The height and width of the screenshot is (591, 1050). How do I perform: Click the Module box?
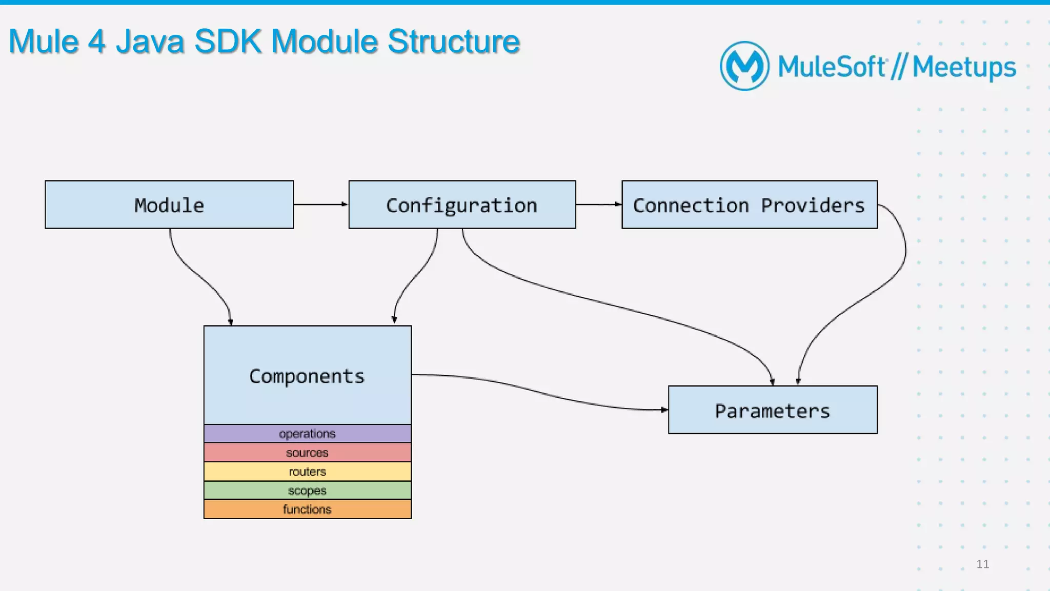pos(169,205)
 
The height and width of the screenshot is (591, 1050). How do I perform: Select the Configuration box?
pos(462,205)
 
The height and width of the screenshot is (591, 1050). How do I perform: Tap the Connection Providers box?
pos(750,205)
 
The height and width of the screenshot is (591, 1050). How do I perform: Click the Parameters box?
pos(773,410)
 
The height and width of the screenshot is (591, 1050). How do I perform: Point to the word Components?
pos(307,376)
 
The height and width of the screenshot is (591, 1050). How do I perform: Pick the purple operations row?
pos(308,434)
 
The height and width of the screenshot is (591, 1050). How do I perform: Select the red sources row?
pos(308,453)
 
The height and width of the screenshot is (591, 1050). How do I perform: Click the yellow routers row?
pos(308,472)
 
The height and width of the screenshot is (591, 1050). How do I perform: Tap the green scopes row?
pos(308,491)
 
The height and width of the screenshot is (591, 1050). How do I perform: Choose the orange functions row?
pos(308,510)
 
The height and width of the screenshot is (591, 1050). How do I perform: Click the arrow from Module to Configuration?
pos(321,205)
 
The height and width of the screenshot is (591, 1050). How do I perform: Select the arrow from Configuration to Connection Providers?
pos(599,205)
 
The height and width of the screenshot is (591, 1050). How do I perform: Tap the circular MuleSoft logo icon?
pos(744,66)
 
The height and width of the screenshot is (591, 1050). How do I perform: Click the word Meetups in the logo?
pos(964,67)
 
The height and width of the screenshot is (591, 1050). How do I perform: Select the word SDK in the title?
pos(228,41)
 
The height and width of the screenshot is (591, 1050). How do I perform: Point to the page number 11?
pos(983,564)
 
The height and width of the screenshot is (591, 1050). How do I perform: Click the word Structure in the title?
pos(454,41)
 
